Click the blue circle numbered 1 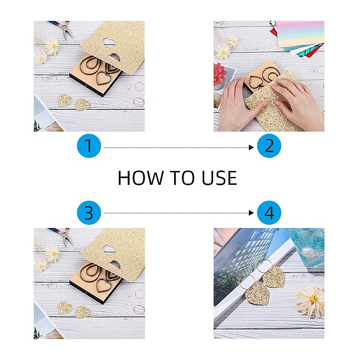[x=89, y=146]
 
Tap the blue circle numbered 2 [x=269, y=146]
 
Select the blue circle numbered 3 [x=89, y=212]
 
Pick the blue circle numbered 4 [x=269, y=212]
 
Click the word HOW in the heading [x=140, y=178]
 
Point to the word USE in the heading [x=219, y=178]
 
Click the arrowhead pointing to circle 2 [x=251, y=148]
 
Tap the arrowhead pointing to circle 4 [x=251, y=213]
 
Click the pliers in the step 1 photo [x=62, y=29]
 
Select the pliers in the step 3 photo [x=62, y=236]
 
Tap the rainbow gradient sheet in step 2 [x=301, y=34]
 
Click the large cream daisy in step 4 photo [x=310, y=301]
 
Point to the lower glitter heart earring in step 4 [x=257, y=293]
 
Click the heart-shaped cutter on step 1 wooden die [x=103, y=78]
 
